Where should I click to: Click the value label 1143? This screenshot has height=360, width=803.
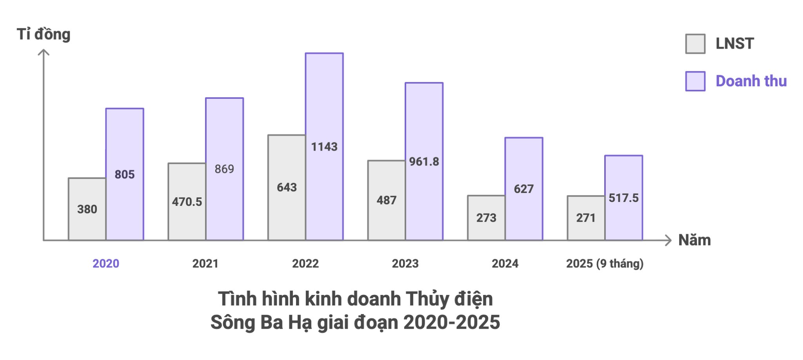click(324, 147)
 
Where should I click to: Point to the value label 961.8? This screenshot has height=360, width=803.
click(424, 162)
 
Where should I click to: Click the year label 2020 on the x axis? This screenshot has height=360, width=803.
click(106, 264)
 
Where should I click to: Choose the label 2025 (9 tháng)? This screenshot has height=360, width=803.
click(605, 264)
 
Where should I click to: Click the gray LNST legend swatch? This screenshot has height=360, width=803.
click(695, 44)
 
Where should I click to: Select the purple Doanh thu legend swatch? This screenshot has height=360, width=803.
click(695, 81)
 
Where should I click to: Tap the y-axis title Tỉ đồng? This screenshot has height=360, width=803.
click(44, 35)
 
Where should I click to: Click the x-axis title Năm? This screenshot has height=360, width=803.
click(694, 240)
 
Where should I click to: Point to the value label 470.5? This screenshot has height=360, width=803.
click(187, 202)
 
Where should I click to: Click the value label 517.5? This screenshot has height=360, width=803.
click(623, 198)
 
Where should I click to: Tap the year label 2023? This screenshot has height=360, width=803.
click(405, 264)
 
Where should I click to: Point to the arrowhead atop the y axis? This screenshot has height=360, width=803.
click(44, 52)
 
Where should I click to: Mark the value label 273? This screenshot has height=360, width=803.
click(486, 218)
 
